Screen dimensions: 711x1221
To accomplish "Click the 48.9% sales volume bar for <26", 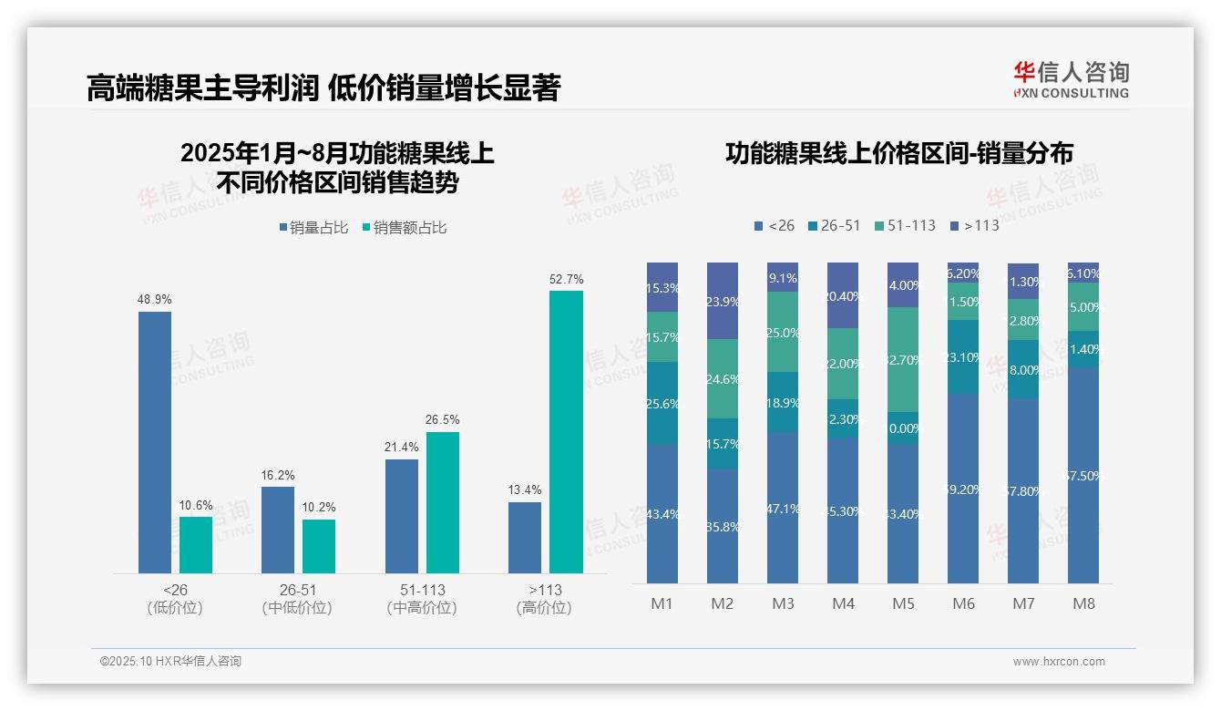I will (155, 442).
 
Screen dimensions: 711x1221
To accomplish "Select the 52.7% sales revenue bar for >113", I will (566, 432).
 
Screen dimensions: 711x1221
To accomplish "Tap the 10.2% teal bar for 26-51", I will (319, 546).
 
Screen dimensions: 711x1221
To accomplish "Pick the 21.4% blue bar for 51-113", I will (402, 516).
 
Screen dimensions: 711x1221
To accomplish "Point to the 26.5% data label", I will (442, 420).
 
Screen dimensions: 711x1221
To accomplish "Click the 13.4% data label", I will (525, 490).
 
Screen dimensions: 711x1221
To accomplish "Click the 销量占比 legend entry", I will (314, 228).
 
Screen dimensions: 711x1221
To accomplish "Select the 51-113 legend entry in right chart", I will (905, 225).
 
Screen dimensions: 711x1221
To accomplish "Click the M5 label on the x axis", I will (903, 603).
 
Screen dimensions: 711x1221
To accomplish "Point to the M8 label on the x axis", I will (1083, 603).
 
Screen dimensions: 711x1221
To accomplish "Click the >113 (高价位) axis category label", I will (545, 598).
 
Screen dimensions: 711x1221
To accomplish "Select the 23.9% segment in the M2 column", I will (723, 301).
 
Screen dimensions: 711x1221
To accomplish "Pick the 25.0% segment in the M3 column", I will (783, 332).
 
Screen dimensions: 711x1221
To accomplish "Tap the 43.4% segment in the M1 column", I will (662, 513).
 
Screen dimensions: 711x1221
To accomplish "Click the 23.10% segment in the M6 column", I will (963, 356).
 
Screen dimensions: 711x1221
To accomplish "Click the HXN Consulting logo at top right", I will (1071, 79).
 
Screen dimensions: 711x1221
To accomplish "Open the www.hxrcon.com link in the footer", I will (1059, 662).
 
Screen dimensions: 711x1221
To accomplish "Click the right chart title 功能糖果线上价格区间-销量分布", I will (898, 153).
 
